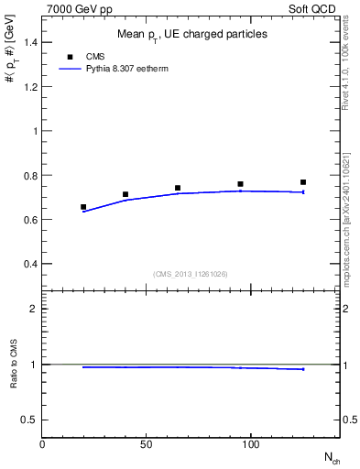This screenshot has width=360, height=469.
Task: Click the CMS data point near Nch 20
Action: pos(83,207)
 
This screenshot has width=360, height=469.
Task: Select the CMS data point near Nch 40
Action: pos(125,194)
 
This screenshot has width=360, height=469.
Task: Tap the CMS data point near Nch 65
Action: pos(178,188)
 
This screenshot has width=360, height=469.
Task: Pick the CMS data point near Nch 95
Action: pos(240,184)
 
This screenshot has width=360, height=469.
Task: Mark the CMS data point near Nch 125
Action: pos(303,182)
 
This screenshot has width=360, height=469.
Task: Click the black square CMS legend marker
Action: pos(71,57)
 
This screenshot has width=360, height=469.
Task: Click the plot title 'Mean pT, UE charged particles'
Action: pos(192,34)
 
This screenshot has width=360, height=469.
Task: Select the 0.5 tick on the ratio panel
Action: pos(30,420)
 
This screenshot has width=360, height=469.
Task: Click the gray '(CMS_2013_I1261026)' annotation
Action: pos(191,274)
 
